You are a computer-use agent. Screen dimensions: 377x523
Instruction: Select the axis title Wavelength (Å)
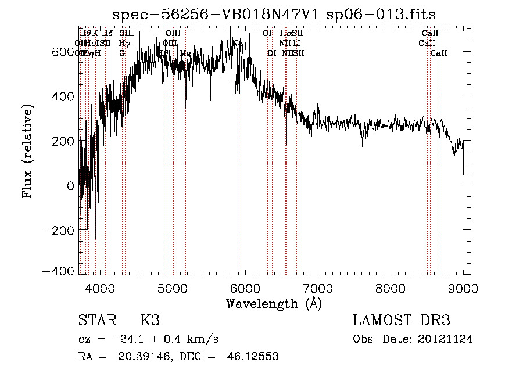274,303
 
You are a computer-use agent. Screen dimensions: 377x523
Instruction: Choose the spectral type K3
150,321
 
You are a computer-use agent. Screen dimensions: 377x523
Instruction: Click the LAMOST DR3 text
401,321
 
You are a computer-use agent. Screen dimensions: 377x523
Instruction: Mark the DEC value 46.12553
252,357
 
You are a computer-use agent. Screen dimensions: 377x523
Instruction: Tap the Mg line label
185,53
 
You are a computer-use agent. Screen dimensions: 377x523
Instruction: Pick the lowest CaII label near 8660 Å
439,53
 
